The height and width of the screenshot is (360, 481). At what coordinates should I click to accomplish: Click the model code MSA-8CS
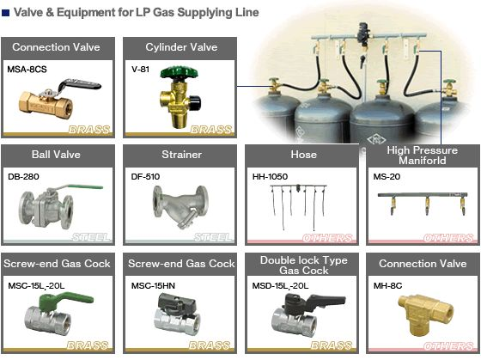(x=27, y=70)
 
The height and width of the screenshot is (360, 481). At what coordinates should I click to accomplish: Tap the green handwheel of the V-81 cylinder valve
(x=180, y=72)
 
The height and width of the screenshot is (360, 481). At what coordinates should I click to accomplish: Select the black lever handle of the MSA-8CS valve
(x=80, y=84)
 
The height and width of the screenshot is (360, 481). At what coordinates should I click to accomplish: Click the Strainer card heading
(x=181, y=155)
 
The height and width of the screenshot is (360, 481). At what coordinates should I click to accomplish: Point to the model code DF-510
(x=145, y=177)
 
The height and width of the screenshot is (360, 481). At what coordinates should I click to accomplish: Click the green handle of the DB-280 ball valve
(x=85, y=186)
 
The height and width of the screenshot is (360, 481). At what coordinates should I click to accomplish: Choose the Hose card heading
(x=303, y=155)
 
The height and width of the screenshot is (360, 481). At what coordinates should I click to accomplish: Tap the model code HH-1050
(x=270, y=177)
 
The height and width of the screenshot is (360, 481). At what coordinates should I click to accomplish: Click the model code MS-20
(x=387, y=177)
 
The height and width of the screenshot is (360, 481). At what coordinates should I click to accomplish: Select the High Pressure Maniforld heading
(x=423, y=156)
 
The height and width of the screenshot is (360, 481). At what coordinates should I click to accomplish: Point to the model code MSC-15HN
(x=153, y=286)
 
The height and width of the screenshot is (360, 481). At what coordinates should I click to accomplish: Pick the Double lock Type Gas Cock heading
(x=304, y=265)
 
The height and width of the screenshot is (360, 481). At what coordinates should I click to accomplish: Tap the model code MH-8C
(x=387, y=286)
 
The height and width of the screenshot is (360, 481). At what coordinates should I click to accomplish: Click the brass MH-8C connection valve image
(x=426, y=314)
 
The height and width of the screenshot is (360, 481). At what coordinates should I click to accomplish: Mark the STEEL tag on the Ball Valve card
(x=91, y=237)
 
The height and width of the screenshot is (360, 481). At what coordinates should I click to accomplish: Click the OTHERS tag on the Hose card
(x=327, y=238)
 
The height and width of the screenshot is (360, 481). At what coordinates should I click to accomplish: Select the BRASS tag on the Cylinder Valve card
(x=210, y=130)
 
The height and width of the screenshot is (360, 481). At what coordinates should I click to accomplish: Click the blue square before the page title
(x=6, y=13)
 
